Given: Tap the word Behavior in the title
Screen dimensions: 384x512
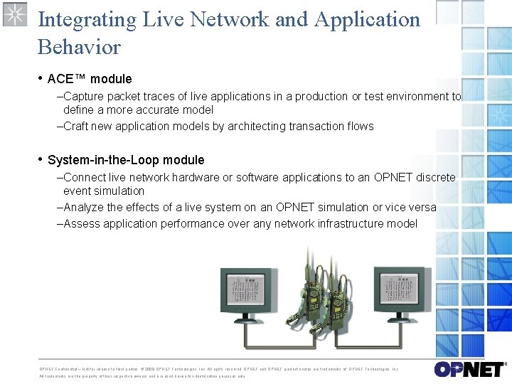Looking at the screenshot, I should point(79,47).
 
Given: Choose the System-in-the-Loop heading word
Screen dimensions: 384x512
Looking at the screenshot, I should point(126,160).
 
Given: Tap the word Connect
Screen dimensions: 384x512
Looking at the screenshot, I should point(85,177).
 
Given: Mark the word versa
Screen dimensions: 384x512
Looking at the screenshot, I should point(422,207).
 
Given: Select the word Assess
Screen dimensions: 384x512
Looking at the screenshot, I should point(82,223).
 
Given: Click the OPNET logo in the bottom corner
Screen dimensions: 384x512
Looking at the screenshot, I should point(469,369).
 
